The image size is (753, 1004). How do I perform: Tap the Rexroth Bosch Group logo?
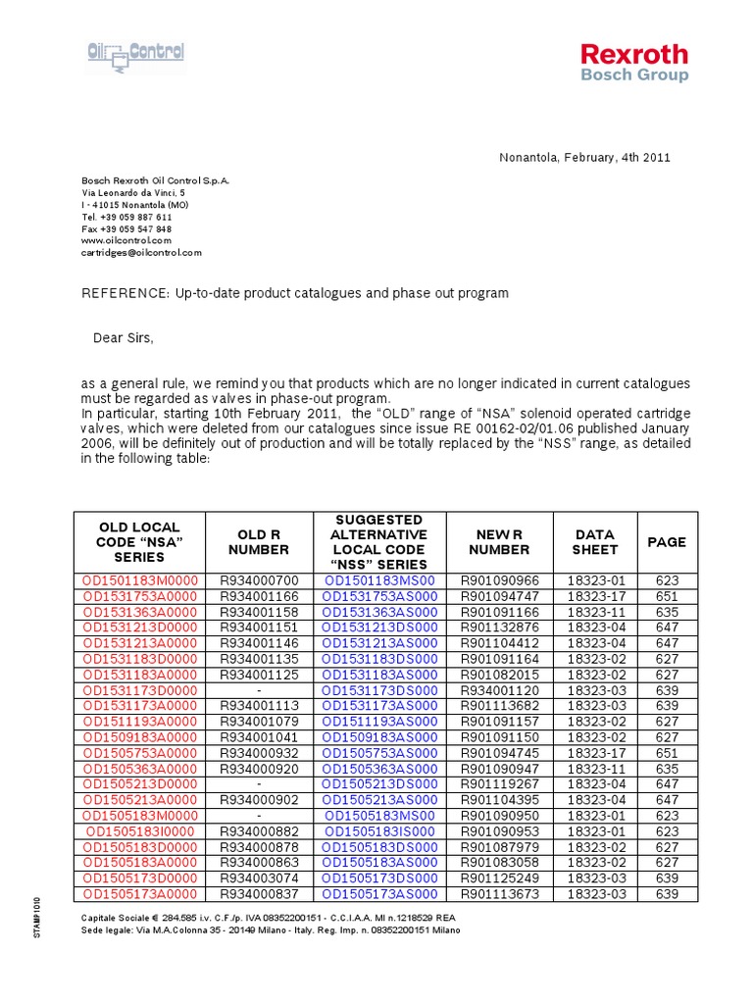(x=633, y=62)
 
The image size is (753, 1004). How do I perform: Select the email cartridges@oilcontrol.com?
(x=141, y=252)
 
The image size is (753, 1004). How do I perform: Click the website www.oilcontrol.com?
(x=125, y=240)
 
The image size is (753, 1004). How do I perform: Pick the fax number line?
(x=125, y=228)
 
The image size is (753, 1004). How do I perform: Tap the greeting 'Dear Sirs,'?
(x=124, y=338)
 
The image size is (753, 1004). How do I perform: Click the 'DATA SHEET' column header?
(x=595, y=542)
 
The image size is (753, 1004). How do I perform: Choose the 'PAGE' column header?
(x=667, y=542)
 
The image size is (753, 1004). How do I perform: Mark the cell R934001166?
(x=259, y=596)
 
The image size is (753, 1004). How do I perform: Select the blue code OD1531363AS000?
(x=379, y=612)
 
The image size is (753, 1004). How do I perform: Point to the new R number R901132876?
(x=499, y=627)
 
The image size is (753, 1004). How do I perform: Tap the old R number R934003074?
(x=259, y=878)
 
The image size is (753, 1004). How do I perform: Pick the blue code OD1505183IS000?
(x=379, y=831)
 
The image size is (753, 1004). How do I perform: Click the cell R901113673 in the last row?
(x=499, y=894)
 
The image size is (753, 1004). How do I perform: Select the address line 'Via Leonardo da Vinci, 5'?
(x=132, y=193)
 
